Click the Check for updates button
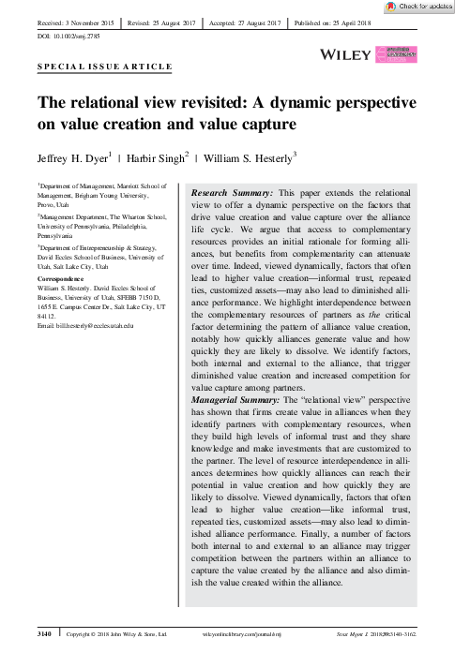(x=416, y=7)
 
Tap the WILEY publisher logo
(x=347, y=56)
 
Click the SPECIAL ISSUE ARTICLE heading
(x=104, y=67)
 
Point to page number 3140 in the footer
(x=44, y=635)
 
